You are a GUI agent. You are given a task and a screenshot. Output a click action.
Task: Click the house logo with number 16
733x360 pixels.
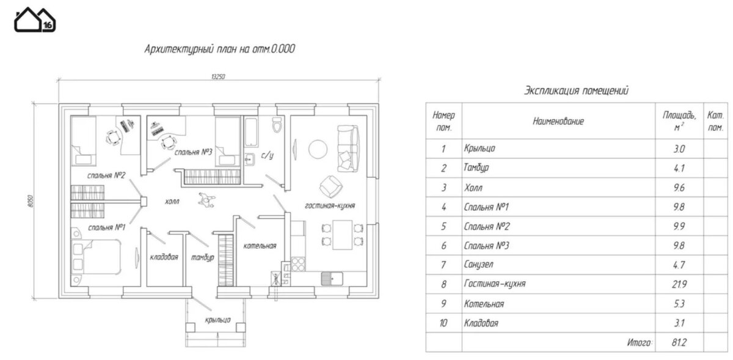(x=35, y=20)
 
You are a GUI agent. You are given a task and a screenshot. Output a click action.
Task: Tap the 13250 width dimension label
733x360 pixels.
(x=218, y=76)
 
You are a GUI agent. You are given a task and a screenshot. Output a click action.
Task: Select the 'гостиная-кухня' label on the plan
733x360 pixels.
(x=330, y=206)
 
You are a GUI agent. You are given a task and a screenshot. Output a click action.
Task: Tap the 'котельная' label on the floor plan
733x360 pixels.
(x=260, y=246)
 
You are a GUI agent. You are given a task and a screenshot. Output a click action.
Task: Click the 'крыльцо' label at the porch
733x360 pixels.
(x=218, y=320)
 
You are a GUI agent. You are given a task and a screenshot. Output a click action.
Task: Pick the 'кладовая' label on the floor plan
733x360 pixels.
(x=164, y=257)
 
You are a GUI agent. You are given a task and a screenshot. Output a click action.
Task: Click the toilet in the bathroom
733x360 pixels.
(x=277, y=125)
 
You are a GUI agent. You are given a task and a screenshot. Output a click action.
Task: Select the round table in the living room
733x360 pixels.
(x=318, y=149)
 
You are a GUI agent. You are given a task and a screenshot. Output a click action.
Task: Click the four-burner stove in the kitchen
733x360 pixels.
(x=297, y=264)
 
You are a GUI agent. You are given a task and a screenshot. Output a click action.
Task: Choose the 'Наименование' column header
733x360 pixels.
(x=558, y=122)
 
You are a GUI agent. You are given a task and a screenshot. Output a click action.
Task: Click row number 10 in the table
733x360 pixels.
(x=443, y=323)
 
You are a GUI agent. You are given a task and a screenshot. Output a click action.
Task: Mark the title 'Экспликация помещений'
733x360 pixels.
(x=576, y=91)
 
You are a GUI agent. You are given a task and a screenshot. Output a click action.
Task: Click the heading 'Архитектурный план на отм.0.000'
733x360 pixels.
(x=219, y=49)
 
